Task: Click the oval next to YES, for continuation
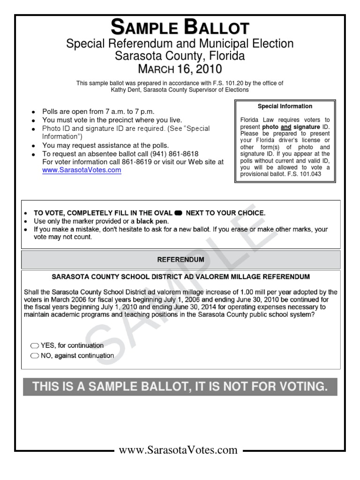click(x=35, y=346)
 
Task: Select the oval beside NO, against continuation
click(x=35, y=356)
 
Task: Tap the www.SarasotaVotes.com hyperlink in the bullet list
click(x=82, y=171)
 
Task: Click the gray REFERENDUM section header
click(x=180, y=259)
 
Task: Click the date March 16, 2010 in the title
click(x=180, y=69)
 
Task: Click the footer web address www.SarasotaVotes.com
click(x=178, y=450)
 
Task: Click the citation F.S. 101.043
click(x=304, y=174)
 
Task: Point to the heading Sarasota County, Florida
click(x=180, y=56)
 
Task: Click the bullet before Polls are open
click(x=33, y=112)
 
